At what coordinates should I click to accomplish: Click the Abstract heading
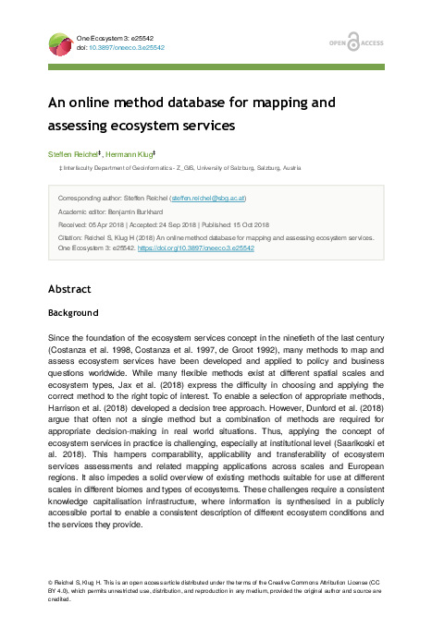tap(70, 289)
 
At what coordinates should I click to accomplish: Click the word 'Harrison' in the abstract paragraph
tap(67, 428)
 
